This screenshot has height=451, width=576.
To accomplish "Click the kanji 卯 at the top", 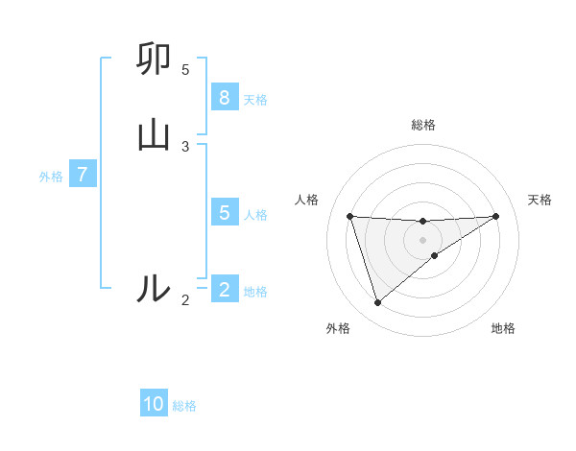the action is [154, 61].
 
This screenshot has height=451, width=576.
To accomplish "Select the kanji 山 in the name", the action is [154, 133].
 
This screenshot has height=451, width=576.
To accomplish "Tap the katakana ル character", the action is [154, 288].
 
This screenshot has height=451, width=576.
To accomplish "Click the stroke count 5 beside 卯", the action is [185, 70].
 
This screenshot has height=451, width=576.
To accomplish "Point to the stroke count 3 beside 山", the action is [185, 146].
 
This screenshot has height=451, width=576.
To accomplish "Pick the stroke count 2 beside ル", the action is [185, 300].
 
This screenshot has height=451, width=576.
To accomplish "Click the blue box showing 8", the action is [224, 98].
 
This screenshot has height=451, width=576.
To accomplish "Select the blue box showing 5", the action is [224, 213].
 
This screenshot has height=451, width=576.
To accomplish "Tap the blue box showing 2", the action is [224, 290].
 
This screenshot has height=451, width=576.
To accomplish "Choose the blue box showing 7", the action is [83, 176].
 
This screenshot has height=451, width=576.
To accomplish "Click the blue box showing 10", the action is [154, 405].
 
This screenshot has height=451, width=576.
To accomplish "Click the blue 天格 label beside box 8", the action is [255, 99].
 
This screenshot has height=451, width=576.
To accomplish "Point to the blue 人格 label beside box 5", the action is [255, 214].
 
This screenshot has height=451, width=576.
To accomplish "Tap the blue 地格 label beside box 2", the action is [255, 291].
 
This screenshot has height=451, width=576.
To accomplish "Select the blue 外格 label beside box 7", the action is [51, 177].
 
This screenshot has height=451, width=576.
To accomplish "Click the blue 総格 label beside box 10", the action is [184, 406].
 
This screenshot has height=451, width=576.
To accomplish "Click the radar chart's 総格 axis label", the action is [422, 125].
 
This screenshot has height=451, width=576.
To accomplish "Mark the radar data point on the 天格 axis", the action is [495, 216].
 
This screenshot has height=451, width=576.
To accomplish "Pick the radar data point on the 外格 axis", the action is [377, 303].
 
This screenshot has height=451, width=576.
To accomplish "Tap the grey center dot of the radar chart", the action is [422, 239].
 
